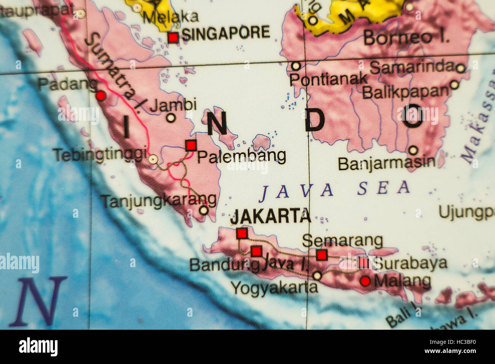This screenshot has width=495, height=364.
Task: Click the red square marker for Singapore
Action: point(173,38)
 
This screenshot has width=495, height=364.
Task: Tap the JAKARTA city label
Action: point(271,217)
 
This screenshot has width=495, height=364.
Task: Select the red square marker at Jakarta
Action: point(242,233)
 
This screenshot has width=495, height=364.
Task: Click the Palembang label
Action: point(241,156)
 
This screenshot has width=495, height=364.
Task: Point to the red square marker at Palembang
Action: point(191,145)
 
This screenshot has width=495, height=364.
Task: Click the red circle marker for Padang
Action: point(101,96)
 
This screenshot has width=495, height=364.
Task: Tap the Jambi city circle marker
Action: point(171,118)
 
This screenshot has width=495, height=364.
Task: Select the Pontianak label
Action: point(328,79)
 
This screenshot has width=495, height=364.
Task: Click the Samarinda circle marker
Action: point(460,69)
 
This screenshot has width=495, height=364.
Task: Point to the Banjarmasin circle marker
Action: point(413,150)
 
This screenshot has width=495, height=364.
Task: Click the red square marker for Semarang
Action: point(322,254)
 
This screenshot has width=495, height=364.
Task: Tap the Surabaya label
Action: point(409,263)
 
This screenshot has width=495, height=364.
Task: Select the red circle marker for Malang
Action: point(365,281)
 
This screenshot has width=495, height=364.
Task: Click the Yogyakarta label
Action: point(274,288)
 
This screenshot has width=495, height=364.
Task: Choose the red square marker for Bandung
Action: point(256,251)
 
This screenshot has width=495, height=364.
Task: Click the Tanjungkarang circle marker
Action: point(204,210)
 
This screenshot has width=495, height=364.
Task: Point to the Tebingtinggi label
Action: point(100,155)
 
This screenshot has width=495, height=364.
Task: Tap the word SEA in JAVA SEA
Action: point(383,188)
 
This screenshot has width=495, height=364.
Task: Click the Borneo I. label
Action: point(406,38)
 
